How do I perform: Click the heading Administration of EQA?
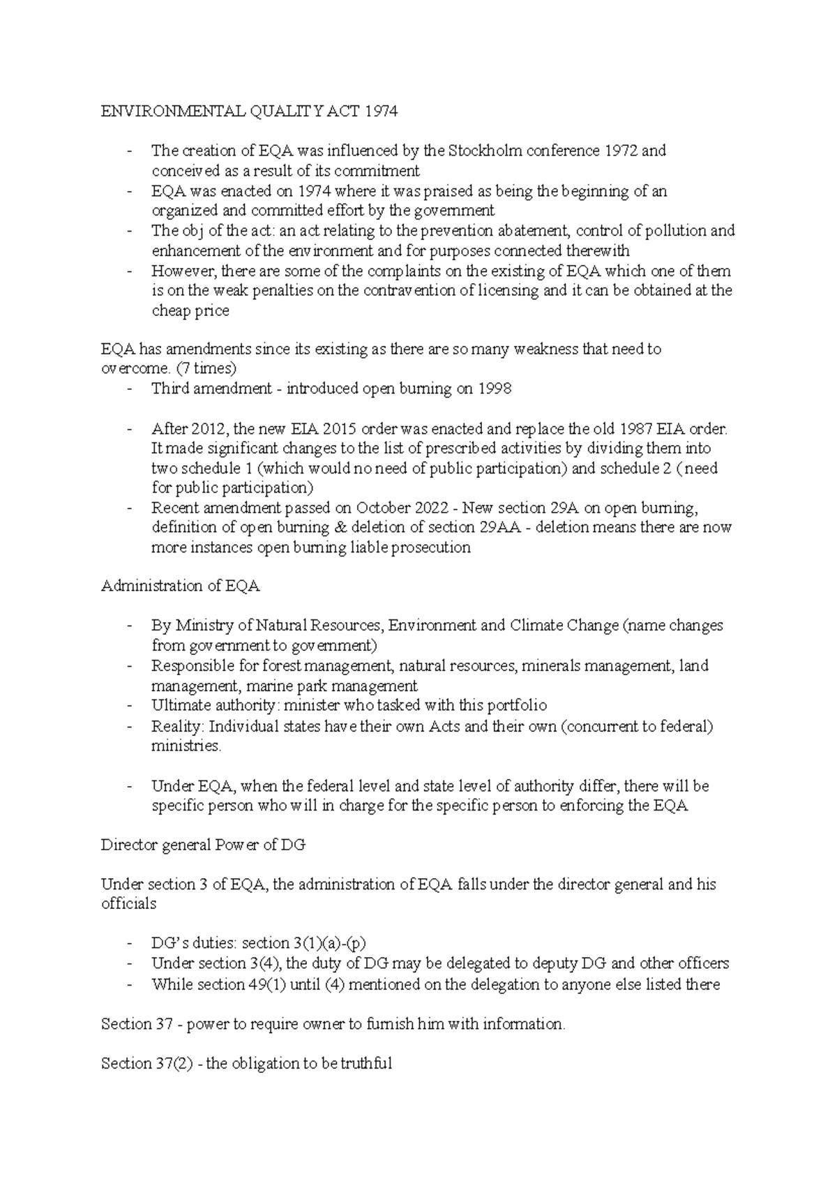coord(180,586)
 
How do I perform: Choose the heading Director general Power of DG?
coord(203,845)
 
